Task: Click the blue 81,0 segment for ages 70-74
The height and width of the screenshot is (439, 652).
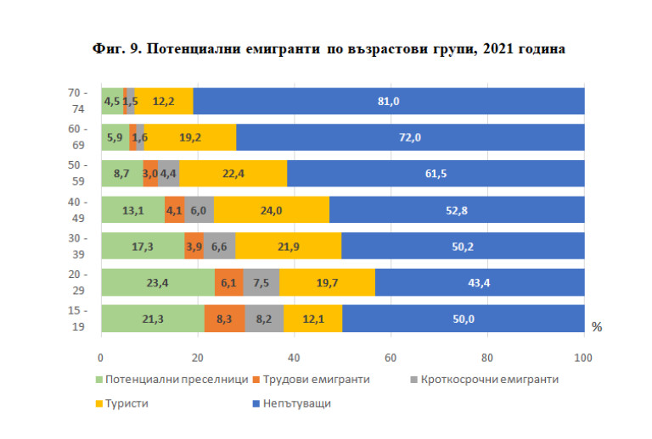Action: [389, 101]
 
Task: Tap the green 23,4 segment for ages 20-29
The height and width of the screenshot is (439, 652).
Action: [158, 282]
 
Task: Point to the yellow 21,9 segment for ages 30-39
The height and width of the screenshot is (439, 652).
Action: [289, 246]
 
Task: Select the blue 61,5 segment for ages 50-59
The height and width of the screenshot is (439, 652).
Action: [436, 173]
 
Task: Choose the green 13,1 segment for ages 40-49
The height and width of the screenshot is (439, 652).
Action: [132, 209]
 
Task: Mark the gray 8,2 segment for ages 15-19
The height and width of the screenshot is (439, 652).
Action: [264, 319]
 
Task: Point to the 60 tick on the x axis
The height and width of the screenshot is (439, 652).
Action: [391, 357]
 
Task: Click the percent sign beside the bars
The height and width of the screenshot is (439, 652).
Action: [597, 327]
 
